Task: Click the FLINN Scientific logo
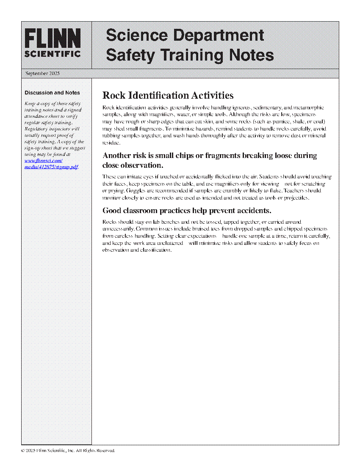coord(53,43)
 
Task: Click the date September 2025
coord(42,73)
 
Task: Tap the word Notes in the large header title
coord(251,55)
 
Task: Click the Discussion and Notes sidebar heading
coord(52,93)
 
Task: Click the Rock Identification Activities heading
coord(168,95)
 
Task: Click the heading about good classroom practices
coord(187,211)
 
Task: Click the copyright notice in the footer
coord(68,451)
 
